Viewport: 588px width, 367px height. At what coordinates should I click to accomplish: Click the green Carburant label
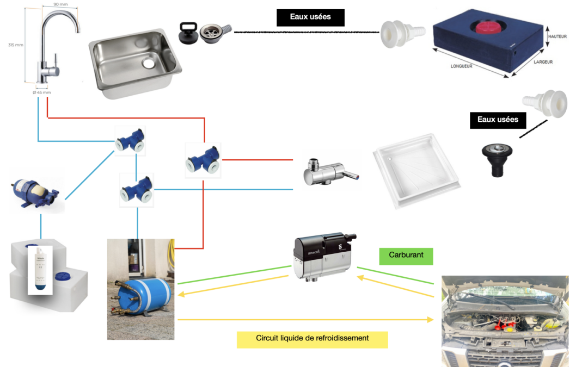[406, 256]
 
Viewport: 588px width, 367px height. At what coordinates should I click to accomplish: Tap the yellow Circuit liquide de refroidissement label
[313, 339]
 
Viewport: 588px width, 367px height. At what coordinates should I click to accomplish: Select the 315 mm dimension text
[16, 45]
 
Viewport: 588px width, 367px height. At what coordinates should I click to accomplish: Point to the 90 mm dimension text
[60, 4]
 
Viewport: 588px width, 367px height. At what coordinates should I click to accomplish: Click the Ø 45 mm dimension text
[42, 93]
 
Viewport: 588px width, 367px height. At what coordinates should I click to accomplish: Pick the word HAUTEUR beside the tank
[558, 36]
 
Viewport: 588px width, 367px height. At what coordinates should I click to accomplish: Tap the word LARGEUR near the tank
[543, 62]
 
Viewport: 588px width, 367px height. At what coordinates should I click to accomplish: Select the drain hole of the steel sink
[149, 64]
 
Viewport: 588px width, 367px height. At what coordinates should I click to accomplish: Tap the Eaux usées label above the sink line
[311, 17]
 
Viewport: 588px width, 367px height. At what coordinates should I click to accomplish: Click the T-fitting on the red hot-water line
[202, 160]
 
